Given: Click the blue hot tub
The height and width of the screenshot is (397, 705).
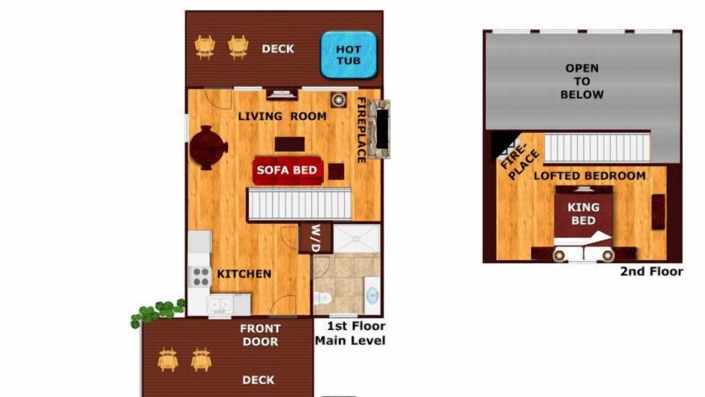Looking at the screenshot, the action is point(349,55).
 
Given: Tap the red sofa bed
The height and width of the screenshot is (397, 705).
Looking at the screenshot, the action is point(288,170).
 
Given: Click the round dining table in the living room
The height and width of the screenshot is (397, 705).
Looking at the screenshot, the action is point(208,147).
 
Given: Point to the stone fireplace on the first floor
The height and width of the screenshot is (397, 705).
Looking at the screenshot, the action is point(379,129).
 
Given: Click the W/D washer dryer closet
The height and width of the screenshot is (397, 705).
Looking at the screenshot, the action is point(315,238).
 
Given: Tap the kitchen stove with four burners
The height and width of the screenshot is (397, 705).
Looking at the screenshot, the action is point(199,277).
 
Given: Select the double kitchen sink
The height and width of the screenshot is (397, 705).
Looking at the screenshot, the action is point(220,305).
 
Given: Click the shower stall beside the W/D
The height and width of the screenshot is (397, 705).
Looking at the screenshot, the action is point(356,239).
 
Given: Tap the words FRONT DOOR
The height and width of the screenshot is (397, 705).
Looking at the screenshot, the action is point(261,335).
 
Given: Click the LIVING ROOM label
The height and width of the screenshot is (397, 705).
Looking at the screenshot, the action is point(282,116).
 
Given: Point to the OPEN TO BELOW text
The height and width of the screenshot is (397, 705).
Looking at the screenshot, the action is point(582,81).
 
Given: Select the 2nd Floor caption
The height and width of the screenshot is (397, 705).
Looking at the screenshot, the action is point(652,271).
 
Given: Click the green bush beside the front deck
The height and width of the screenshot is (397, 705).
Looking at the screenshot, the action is point(158,313).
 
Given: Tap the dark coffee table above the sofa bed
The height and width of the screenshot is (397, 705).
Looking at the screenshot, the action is point(290,144).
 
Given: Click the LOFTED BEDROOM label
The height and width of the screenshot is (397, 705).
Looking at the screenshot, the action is point(589,176).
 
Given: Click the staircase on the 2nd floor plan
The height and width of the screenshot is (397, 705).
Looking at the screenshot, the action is point(596,148).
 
